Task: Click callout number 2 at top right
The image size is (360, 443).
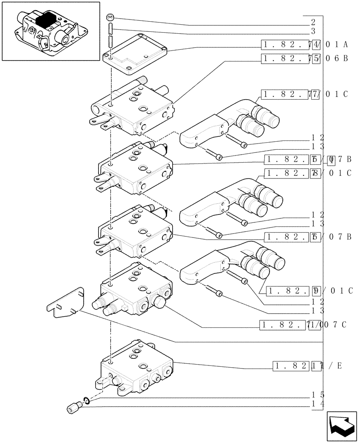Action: (313, 22)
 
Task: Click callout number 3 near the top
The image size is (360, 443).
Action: (313, 31)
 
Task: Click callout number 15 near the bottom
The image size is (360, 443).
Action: (317, 394)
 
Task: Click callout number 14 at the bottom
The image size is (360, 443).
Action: (317, 404)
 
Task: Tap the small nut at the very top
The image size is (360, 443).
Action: (111, 18)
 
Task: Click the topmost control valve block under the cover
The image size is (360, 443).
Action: (133, 109)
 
